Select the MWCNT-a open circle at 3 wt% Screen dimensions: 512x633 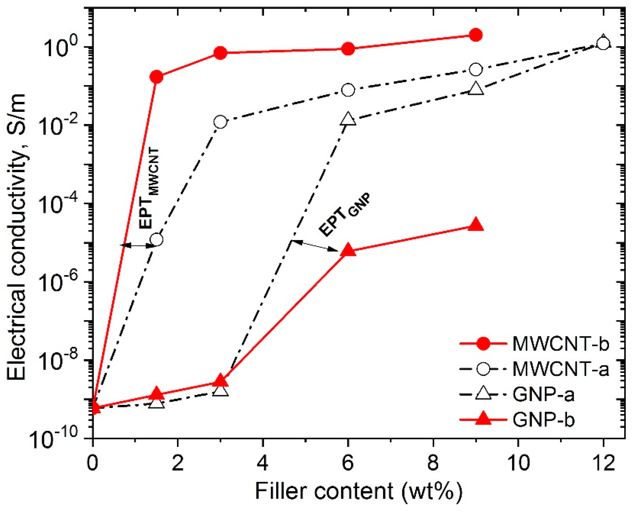(x=220, y=122)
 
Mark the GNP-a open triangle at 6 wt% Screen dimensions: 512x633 (x=348, y=119)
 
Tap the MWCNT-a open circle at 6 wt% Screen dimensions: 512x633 (x=348, y=90)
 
